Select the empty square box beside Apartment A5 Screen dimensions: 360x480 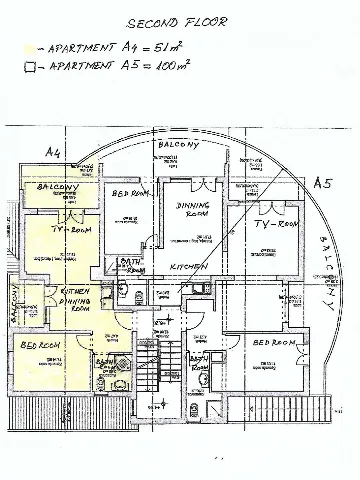tap(31, 67)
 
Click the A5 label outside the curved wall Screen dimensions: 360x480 tap(321, 183)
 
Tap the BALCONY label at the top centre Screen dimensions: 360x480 tap(179, 145)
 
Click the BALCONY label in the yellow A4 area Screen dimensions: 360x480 tap(58, 187)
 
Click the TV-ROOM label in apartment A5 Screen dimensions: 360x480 tap(277, 225)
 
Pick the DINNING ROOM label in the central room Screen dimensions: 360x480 tap(192, 209)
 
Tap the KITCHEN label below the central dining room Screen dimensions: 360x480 tap(188, 267)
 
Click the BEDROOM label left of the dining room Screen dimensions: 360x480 tap(130, 193)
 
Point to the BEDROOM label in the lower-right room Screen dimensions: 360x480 tap(276, 342)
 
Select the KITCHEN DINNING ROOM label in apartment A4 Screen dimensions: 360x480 tap(76, 299)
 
